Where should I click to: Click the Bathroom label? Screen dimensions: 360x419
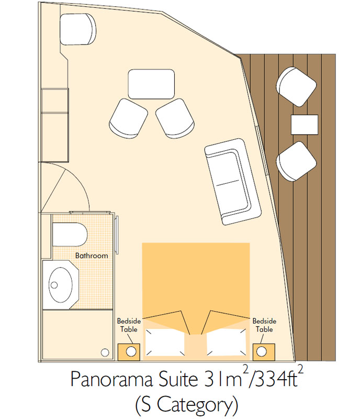pos(92,256)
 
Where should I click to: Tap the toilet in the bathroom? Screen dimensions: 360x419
pos(70,234)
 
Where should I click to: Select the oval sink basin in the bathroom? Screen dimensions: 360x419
pos(60,284)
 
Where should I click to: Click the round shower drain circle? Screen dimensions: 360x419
pos(105,352)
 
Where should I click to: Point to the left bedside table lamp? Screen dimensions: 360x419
pos(131,351)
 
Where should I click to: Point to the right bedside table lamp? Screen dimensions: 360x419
pos(262,351)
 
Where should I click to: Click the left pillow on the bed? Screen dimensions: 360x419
pos(165,343)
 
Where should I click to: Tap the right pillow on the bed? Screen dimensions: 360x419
pos(226,343)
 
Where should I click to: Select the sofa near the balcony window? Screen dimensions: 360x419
pos(233,182)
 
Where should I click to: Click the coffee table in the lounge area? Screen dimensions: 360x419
pos(151,84)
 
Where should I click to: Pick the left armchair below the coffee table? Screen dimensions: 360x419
pos(128,118)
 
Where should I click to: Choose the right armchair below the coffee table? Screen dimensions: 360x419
pos(175,118)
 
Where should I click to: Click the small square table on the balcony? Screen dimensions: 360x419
pos(305,125)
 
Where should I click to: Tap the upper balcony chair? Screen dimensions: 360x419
pos(296,87)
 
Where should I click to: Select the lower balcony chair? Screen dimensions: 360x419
pos(296,161)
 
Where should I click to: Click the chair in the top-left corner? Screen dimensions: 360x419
pos(78,29)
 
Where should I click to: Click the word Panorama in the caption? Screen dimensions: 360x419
pos(111,379)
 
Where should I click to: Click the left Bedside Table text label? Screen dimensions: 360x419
pos(129,325)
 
